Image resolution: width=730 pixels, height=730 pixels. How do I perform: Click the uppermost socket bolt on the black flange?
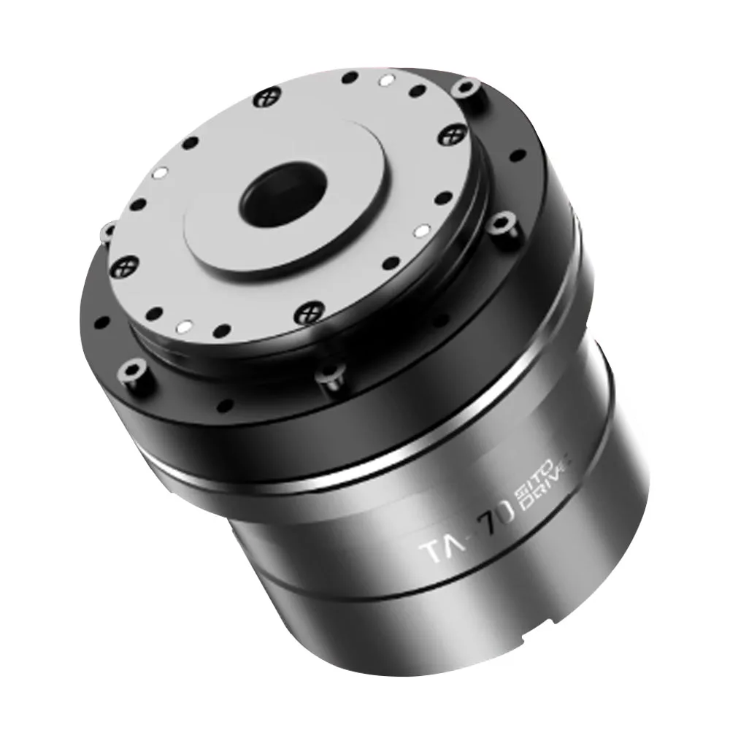[x=464, y=89]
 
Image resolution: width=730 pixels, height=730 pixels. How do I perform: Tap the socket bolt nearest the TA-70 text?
[x=328, y=377]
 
